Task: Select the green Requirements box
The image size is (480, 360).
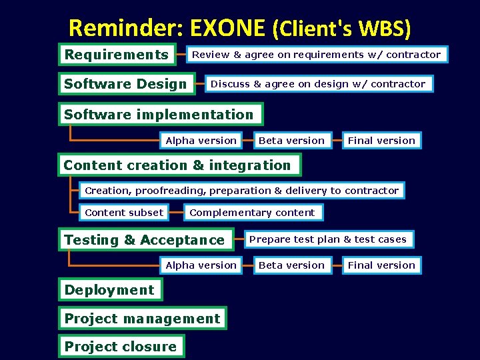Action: pos(117,55)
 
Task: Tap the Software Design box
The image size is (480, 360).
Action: pos(125,84)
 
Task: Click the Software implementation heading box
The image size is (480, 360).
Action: pos(159,115)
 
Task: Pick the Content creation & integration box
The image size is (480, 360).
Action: pos(177,165)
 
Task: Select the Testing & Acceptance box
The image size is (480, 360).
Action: pos(145,240)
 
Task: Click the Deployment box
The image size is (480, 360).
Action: pos(109,290)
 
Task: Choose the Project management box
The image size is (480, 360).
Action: pos(142,319)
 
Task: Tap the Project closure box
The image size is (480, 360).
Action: pos(121,347)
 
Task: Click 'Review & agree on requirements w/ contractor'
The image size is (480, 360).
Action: pos(317,55)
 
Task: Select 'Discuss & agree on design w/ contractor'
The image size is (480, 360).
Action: pos(318,84)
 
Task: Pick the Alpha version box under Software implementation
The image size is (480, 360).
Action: pos(201,141)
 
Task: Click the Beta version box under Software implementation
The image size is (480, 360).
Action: pos(291,141)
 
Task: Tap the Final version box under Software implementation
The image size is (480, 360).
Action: pos(381,141)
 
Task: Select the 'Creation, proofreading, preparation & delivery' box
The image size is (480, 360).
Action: pos(241,191)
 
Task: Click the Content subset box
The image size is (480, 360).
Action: pos(124,213)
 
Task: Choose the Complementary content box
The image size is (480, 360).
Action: pos(252,213)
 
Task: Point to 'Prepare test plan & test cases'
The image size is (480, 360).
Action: pos(327,239)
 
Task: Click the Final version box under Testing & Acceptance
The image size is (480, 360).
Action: pos(381,265)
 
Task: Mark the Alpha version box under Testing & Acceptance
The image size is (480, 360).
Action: pos(201,265)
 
